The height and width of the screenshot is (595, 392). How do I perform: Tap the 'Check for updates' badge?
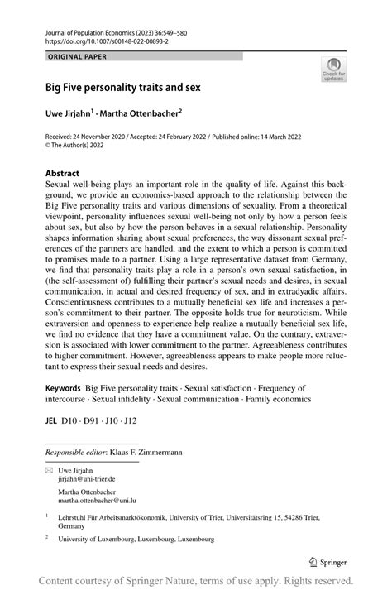click(333, 70)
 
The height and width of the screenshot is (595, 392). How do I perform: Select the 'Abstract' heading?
click(65, 175)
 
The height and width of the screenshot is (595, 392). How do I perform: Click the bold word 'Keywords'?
click(63, 388)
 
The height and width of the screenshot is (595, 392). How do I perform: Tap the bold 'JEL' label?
click(52, 420)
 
